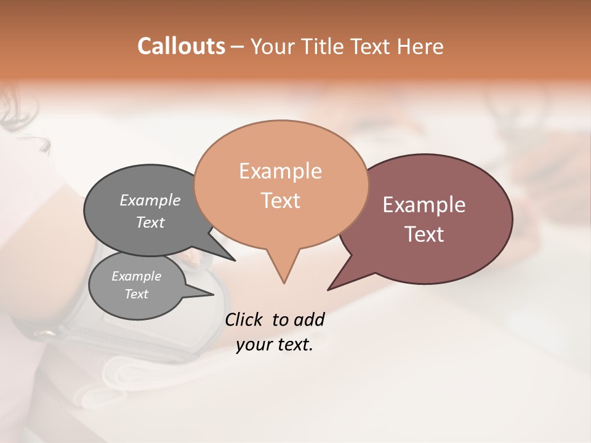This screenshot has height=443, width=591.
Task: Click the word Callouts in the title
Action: pos(181,46)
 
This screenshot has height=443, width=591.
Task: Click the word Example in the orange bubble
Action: pos(280,171)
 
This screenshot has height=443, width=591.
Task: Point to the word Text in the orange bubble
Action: pos(280,201)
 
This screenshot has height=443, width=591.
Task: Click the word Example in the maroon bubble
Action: pos(424,205)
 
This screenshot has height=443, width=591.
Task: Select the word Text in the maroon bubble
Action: pos(424,234)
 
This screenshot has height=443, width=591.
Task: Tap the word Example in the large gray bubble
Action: pos(150,201)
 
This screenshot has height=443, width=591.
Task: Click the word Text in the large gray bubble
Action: pos(150,222)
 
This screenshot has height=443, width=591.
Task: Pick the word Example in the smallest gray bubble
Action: pos(137,276)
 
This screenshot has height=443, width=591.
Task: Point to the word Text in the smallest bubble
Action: pos(137,294)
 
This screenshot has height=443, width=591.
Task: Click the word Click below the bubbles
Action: pos(244,319)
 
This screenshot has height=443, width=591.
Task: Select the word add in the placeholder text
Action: pos(308,319)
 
